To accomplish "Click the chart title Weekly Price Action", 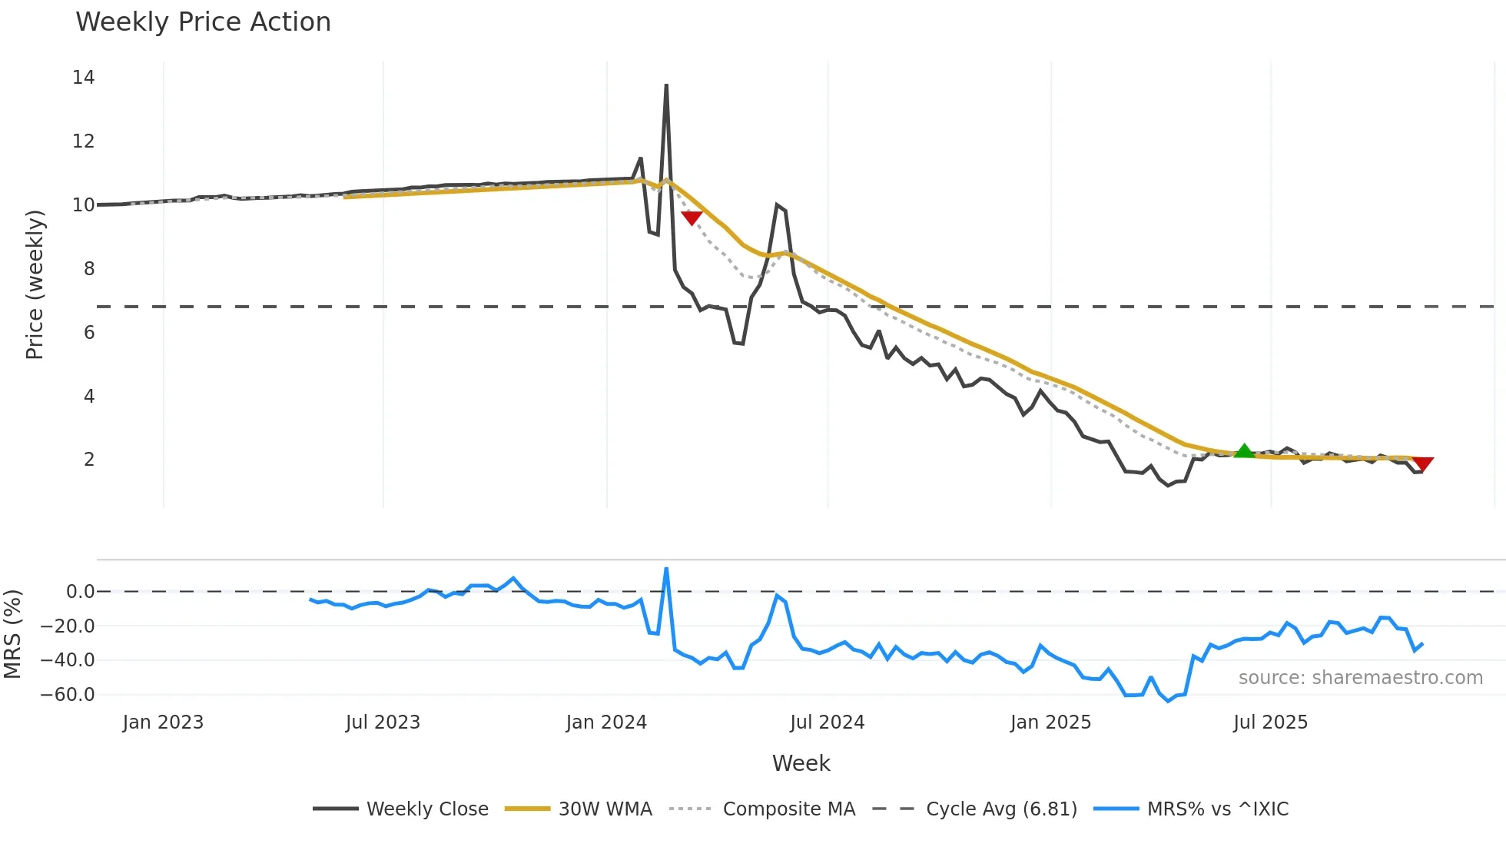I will (203, 22).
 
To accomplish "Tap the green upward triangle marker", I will (1244, 451).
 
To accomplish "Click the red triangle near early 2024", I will (692, 218).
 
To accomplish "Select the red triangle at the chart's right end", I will (1422, 463).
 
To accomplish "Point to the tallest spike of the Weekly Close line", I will (666, 85).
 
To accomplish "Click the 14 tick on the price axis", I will (84, 78).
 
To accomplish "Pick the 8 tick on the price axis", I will (89, 269).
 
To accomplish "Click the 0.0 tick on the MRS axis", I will (80, 592).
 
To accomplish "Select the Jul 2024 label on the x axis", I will (827, 722).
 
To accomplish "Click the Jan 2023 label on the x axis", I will (163, 722).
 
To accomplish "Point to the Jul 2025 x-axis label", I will (1270, 722).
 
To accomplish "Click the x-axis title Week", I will (801, 763).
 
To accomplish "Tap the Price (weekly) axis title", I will (35, 284).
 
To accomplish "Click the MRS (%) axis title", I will (12, 634).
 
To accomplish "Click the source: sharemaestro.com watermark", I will (1360, 678).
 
